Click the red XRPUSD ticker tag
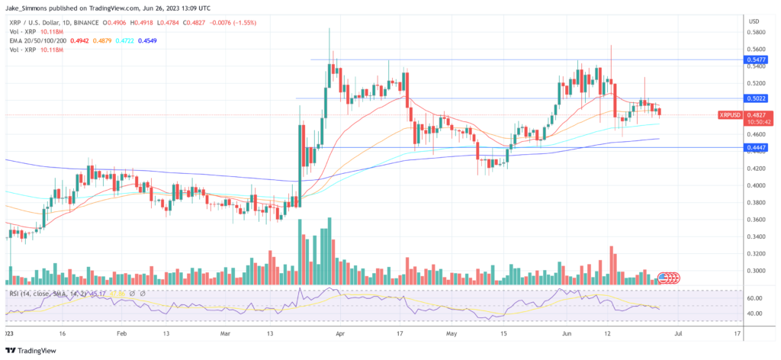click(730, 114)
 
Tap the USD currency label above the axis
click(754, 21)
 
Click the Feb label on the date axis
click(121, 333)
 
